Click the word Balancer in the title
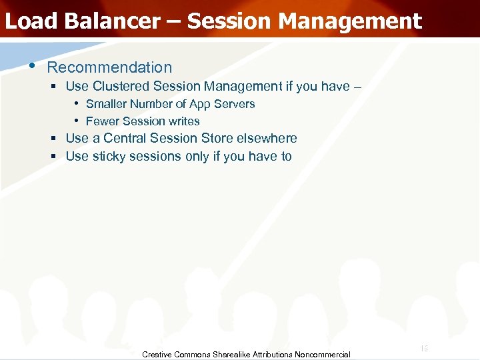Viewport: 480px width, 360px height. pos(113,21)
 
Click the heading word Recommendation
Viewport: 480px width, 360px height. pos(109,67)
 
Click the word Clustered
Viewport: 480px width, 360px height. pos(121,86)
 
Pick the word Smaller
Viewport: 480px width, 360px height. pos(106,104)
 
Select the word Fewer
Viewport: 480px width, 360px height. pos(101,121)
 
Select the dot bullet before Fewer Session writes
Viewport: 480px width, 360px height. pos(77,121)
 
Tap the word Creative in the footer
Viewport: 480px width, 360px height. pos(157,355)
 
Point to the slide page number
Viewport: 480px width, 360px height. pos(424,348)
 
